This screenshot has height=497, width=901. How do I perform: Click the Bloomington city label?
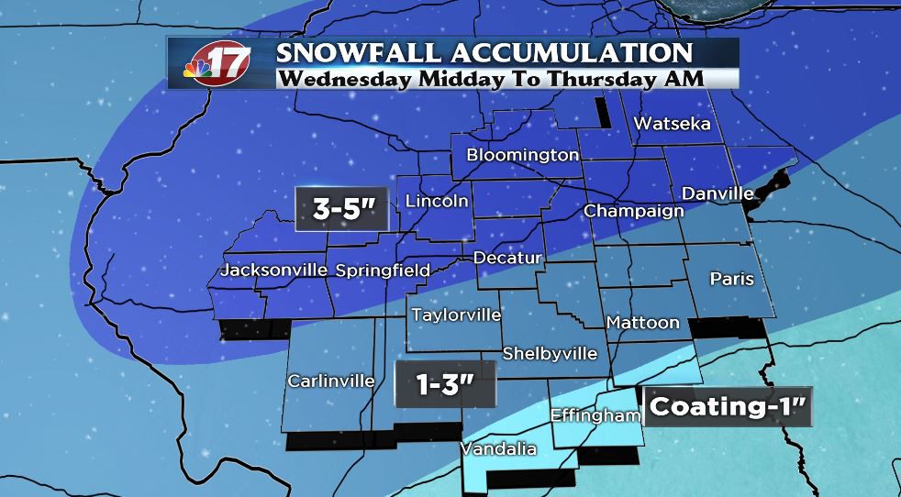click(x=523, y=155)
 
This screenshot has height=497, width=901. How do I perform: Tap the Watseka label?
click(x=672, y=123)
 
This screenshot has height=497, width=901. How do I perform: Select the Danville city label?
click(x=717, y=193)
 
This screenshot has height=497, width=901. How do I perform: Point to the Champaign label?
click(x=634, y=211)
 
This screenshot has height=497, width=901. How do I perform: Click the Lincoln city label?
click(x=437, y=201)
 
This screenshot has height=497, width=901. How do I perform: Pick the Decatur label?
click(x=507, y=258)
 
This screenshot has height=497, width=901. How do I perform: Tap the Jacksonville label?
click(x=274, y=271)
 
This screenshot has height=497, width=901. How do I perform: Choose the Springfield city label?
click(x=383, y=271)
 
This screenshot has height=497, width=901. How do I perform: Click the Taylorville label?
click(x=456, y=315)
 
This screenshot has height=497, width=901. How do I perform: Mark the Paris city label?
click(x=732, y=279)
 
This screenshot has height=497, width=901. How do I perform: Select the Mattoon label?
click(x=642, y=322)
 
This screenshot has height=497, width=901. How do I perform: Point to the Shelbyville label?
click(x=550, y=353)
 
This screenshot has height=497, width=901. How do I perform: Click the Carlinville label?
click(x=330, y=381)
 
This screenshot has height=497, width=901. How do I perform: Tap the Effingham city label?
click(x=595, y=415)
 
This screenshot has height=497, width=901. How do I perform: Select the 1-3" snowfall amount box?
click(x=445, y=383)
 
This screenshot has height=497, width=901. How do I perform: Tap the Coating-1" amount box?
click(x=729, y=406)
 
